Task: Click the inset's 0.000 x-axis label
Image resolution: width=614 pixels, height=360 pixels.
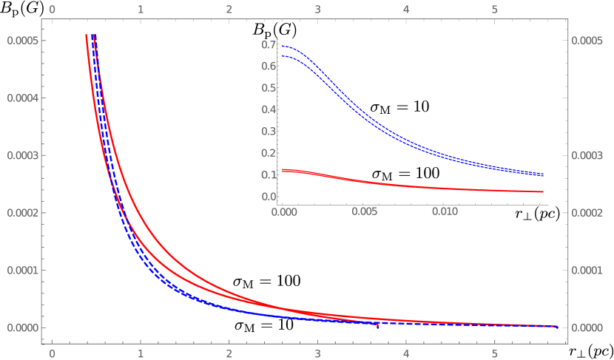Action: [284, 211]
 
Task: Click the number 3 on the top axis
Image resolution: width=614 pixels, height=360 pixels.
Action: [317, 10]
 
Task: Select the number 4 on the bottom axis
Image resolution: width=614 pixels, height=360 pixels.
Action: [406, 354]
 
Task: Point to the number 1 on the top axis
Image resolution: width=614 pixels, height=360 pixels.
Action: [141, 10]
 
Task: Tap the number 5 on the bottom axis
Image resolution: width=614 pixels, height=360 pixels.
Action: [495, 354]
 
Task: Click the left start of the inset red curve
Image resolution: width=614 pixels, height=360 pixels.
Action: [283, 170]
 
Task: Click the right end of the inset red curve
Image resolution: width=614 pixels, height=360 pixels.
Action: [544, 191]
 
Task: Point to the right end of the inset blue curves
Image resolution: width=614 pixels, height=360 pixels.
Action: [544, 174]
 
